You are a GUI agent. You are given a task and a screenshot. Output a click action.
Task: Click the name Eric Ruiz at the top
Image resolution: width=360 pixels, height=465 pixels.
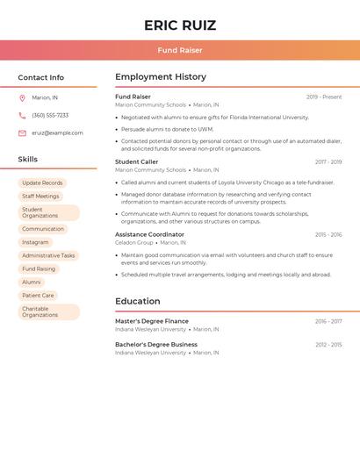point(180,25)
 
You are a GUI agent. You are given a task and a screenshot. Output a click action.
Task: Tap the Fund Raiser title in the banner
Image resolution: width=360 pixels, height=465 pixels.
point(180,50)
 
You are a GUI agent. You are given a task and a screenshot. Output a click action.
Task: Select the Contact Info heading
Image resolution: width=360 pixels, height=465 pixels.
point(41,77)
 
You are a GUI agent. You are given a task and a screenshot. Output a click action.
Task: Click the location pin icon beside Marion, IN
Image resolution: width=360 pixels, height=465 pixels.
point(22,97)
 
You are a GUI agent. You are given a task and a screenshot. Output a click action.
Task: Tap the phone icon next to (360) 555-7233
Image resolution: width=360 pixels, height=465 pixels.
point(22,115)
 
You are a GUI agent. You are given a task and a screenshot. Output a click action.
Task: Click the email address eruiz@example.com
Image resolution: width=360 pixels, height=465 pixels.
point(57,132)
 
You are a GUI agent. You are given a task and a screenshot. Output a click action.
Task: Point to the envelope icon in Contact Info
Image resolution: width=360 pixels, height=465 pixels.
point(22,132)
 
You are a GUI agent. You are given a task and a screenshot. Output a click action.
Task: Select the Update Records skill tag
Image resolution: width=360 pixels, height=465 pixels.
point(42,182)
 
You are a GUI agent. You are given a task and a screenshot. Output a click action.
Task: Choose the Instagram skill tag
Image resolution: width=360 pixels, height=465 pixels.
point(35,242)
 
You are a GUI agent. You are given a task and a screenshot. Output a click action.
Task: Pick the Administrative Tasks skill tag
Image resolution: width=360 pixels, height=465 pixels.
point(48,255)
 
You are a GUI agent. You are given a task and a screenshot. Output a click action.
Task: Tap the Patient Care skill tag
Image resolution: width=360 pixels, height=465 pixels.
point(38,296)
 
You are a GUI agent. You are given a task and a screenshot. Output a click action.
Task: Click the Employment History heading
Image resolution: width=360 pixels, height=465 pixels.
point(161,77)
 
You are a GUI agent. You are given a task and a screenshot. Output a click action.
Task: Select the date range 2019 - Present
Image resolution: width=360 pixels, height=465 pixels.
point(324,97)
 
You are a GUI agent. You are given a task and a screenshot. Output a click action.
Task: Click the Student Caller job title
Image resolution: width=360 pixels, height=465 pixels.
point(137,161)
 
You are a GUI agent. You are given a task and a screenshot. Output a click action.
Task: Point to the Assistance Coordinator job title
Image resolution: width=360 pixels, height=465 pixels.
point(149,234)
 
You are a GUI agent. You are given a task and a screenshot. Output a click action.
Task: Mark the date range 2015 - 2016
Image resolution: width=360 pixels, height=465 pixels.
point(328,234)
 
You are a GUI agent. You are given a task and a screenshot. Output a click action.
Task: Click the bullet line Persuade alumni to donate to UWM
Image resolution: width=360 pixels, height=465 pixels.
point(168,129)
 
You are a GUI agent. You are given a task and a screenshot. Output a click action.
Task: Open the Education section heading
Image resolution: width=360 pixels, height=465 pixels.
point(137,301)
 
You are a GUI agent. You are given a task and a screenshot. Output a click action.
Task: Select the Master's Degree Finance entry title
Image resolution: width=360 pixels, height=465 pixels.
point(152,321)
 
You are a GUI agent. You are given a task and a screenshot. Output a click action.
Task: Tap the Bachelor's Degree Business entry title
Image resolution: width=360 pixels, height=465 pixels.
point(156,345)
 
